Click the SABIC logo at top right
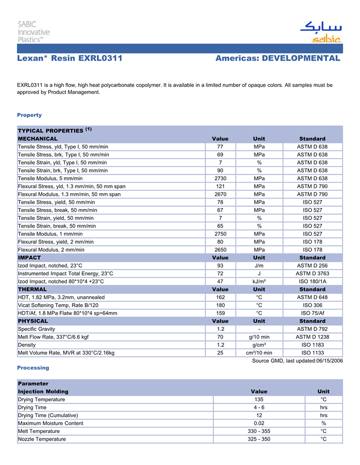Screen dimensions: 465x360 coord(320,32)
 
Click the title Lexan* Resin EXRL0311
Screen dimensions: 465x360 coord(69,58)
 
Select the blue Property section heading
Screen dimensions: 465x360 coord(29,115)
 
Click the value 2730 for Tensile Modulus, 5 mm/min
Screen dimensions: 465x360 coord(220,178)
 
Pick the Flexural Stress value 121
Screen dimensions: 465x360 coord(220,186)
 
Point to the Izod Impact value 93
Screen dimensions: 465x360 coord(220,265)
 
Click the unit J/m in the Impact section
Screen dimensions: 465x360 coord(259,265)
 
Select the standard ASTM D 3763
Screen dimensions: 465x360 coord(312,273)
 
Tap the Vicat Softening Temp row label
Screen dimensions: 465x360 coord(58,305)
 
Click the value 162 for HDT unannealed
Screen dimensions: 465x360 coord(220,297)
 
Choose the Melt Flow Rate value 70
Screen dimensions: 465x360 coord(220,337)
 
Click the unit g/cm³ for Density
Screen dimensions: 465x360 coord(259,345)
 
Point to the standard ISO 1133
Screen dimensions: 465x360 coord(312,352)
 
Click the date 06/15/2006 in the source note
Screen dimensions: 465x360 coord(326,361)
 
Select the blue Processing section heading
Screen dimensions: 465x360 coord(33,367)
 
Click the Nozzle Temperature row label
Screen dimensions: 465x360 coord(42,439)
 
